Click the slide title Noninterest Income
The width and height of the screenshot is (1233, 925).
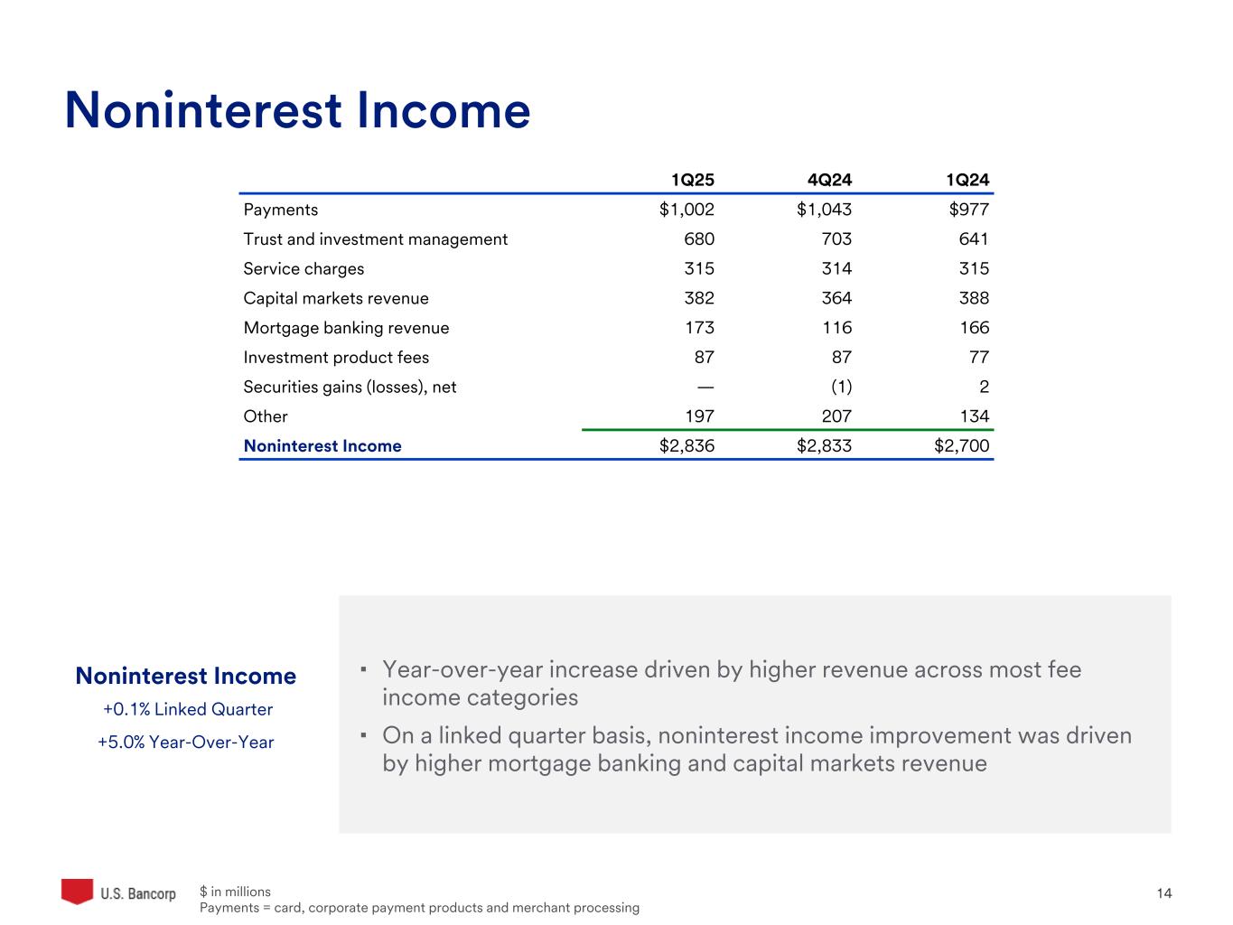pos(297,111)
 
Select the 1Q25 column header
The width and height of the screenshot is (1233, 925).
pos(693,180)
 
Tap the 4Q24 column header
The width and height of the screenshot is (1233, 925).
pos(829,180)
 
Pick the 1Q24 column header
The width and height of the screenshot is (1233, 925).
pos(967,180)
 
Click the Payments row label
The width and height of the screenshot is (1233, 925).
pos(281,210)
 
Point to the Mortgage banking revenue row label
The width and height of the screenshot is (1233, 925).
pos(346,328)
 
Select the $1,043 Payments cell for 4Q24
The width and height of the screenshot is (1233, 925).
pos(824,210)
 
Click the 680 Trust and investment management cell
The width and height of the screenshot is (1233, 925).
pos(699,239)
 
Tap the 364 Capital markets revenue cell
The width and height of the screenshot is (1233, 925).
pos(836,298)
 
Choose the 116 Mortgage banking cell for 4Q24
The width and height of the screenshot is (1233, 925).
pos(837,328)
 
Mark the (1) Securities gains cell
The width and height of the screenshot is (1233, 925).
pos(841,387)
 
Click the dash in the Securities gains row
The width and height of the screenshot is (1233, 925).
pos(705,387)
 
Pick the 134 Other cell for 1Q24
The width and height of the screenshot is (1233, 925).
pos(974,416)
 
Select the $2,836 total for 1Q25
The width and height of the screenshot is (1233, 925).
pos(687,446)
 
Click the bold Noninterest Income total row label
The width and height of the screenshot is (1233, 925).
pos(322,446)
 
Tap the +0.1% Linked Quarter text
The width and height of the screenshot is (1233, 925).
pos(188,709)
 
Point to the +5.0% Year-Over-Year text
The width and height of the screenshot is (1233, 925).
pos(186,743)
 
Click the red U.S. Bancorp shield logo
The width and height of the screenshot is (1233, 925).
pos(78,891)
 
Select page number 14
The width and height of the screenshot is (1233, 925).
pos(1164,893)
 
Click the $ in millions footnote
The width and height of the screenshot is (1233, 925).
pos(235,892)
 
